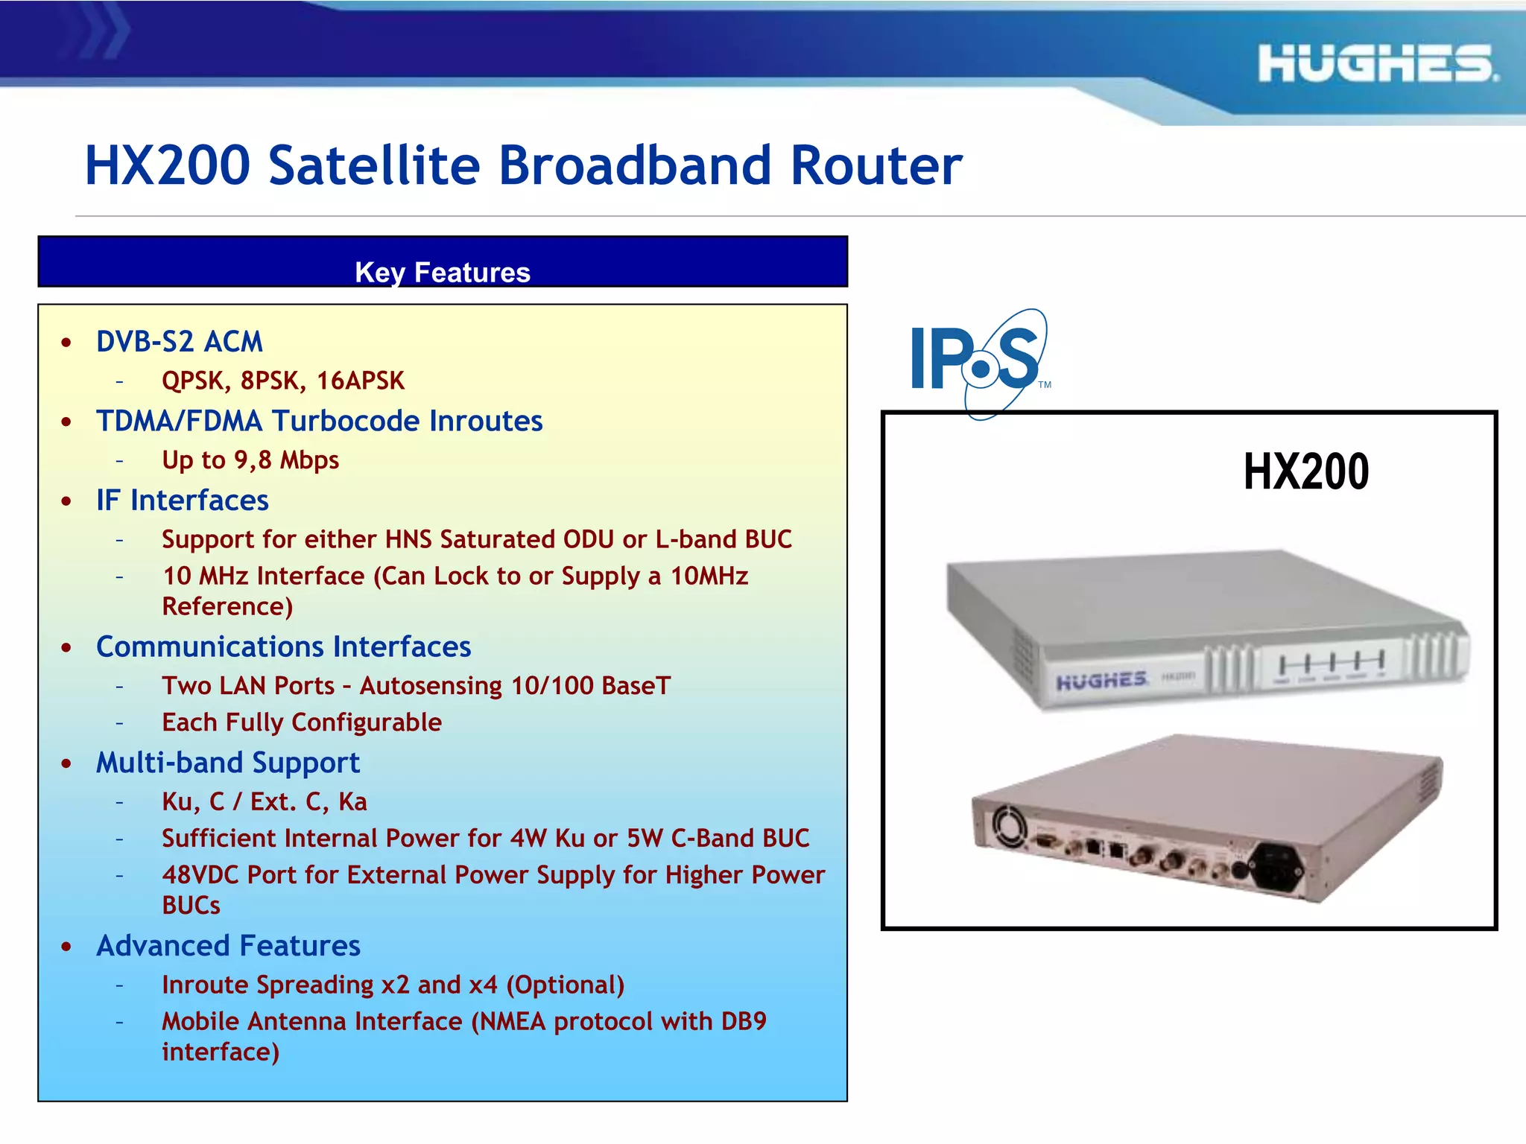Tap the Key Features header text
tap(443, 273)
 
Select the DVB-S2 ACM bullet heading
tap(180, 342)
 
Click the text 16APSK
tap(361, 381)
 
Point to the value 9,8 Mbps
tap(287, 460)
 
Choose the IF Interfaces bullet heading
tap(183, 500)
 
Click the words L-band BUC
tap(724, 539)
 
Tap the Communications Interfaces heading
tap(284, 646)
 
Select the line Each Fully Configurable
tap(302, 722)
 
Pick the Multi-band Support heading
tap(228, 763)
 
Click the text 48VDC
tap(200, 875)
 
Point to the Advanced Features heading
tap(229, 946)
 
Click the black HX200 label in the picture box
tap(1306, 471)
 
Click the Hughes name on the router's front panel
tap(1101, 681)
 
